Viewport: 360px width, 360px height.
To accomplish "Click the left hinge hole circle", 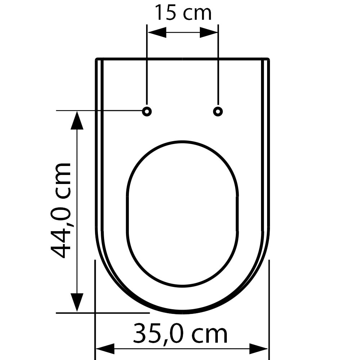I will tap(147, 111).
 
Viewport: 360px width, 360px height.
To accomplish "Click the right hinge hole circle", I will tap(218, 111).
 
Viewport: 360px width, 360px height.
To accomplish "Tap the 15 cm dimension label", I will tap(183, 13).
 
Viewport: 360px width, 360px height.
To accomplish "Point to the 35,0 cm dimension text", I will tap(180, 334).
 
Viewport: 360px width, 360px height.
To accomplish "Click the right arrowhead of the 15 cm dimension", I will tap(209, 32).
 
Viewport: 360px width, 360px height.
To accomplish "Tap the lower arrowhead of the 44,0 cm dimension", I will tap(77, 302).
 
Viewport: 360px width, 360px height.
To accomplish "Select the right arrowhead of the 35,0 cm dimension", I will tap(258, 348).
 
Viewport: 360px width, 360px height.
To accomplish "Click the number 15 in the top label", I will tap(165, 13).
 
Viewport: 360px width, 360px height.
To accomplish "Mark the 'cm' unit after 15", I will tap(197, 14).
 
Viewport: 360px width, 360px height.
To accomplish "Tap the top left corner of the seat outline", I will tap(96, 59).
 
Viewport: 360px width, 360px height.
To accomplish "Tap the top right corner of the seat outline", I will tap(268, 59).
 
